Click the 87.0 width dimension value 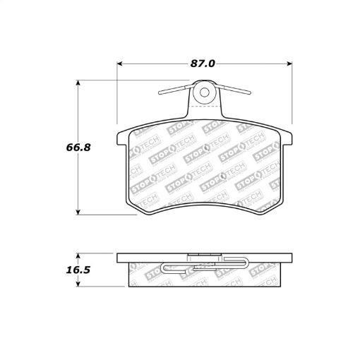[x=203, y=63]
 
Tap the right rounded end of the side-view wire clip [x=247, y=263]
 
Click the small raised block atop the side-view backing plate [x=204, y=255]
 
